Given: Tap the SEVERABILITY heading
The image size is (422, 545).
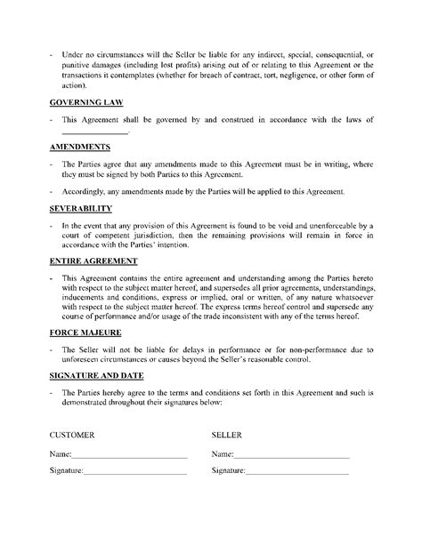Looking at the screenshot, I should coord(80,208).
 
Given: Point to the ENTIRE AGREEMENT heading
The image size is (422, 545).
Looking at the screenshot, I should coord(93,261).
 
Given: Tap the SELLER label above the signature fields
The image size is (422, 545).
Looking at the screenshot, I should coord(226,437).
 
